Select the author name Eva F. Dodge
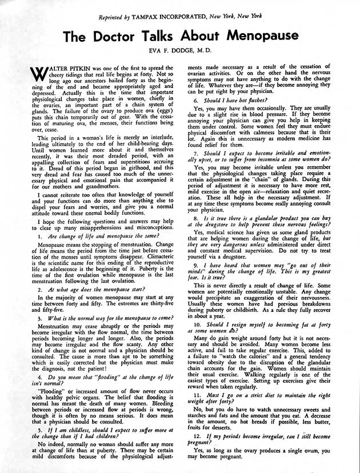[181, 53]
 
